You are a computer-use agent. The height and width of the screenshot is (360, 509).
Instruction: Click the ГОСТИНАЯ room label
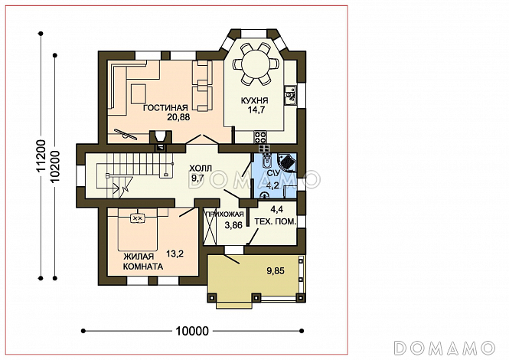[165, 107]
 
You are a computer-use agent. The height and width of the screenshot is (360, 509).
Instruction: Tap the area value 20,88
[178, 117]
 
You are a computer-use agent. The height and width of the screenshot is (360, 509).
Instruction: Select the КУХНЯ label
[254, 100]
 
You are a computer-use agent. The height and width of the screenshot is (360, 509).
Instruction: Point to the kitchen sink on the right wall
[290, 95]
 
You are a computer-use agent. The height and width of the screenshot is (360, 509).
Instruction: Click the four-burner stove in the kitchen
[260, 137]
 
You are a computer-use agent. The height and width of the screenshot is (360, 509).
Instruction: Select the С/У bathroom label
[272, 173]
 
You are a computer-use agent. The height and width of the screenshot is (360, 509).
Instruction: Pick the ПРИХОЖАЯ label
[224, 214]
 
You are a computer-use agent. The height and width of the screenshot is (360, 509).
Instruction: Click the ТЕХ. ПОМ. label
[276, 222]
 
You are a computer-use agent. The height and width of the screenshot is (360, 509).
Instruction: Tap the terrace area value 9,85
[276, 270]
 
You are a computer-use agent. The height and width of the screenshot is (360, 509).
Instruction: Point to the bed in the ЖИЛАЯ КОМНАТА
[138, 230]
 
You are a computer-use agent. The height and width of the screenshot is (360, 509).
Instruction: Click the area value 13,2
[175, 254]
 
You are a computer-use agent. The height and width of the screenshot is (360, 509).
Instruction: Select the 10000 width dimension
[192, 332]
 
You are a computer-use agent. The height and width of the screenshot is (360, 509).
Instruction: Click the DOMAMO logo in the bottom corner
[445, 348]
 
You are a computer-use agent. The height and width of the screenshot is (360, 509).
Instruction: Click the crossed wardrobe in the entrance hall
[210, 227]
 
